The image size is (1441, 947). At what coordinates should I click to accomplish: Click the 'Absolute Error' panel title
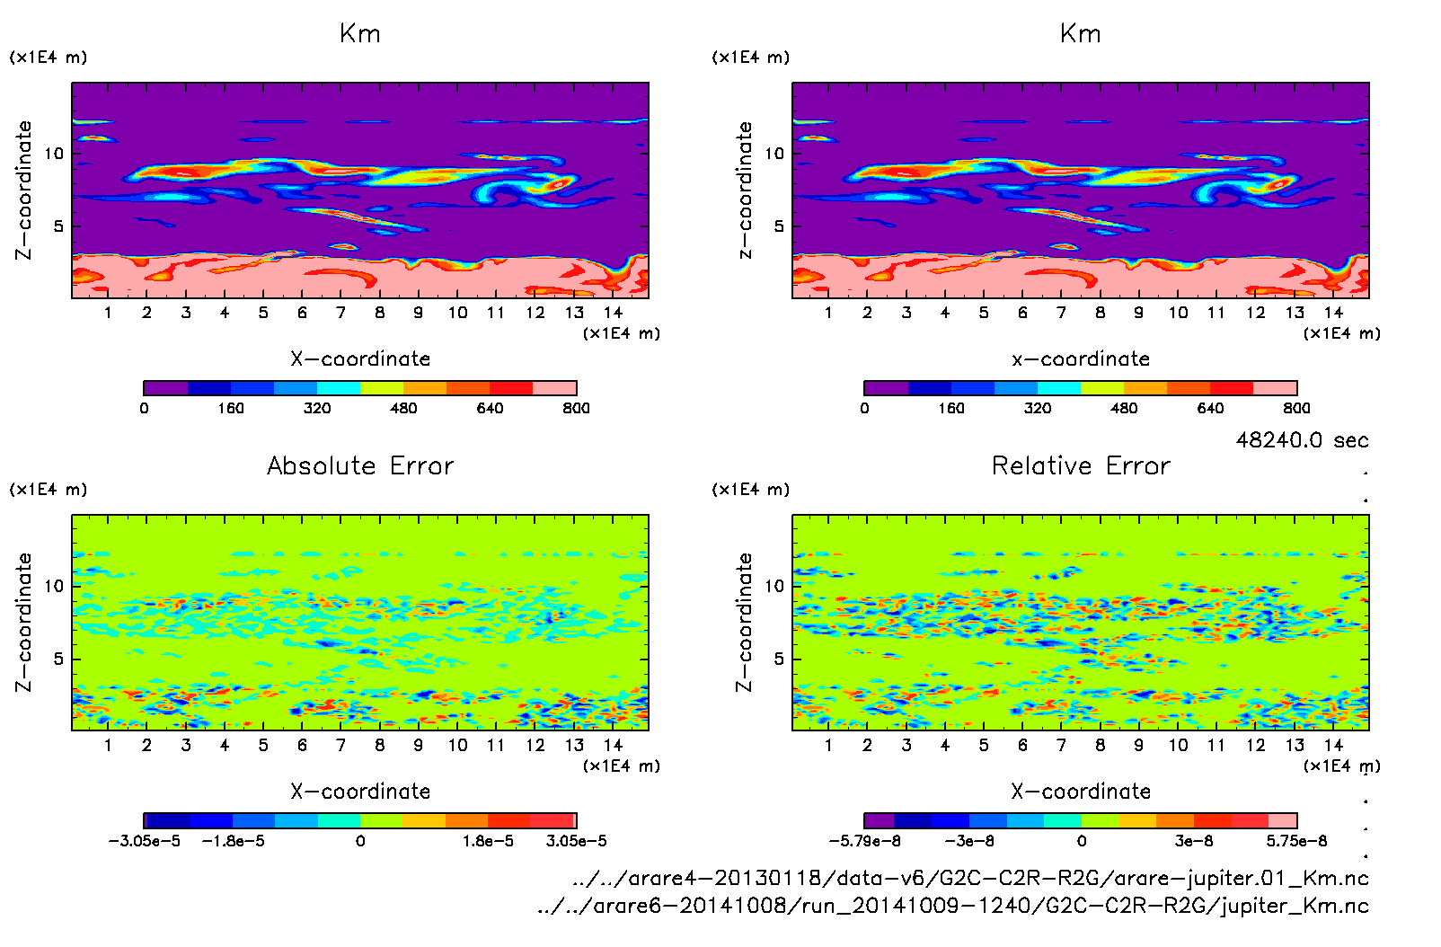click(x=360, y=466)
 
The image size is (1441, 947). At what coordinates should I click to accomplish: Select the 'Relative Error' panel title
click(x=1081, y=466)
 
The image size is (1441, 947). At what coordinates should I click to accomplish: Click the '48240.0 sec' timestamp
click(x=1302, y=440)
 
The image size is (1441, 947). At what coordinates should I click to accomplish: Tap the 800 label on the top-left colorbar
click(x=576, y=409)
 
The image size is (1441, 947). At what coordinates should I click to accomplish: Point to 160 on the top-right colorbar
click(x=950, y=409)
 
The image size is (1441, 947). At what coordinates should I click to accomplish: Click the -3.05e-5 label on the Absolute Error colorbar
click(x=144, y=842)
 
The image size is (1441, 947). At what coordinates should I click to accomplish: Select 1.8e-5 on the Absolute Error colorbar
click(x=488, y=842)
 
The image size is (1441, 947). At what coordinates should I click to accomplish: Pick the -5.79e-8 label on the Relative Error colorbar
click(x=864, y=842)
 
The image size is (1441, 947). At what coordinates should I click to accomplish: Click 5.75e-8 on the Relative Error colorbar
click(x=1296, y=842)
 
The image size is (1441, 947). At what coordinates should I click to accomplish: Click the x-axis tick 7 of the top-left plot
click(x=340, y=313)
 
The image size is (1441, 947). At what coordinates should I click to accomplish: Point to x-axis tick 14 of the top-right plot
click(x=1333, y=313)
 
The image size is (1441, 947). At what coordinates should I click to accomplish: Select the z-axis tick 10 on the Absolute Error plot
click(x=55, y=586)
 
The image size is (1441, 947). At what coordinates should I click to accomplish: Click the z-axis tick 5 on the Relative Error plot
click(x=778, y=659)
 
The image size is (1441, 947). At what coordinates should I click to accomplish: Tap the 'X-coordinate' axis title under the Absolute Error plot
click(x=360, y=792)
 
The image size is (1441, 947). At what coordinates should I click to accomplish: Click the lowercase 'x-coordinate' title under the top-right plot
click(x=1081, y=359)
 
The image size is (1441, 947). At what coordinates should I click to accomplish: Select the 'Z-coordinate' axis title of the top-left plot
click(x=23, y=190)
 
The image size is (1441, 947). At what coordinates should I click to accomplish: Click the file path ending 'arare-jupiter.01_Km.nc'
click(x=970, y=879)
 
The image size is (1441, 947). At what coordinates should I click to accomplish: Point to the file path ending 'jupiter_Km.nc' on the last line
click(x=952, y=906)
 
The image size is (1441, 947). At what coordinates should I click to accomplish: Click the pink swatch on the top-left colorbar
click(x=554, y=388)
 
